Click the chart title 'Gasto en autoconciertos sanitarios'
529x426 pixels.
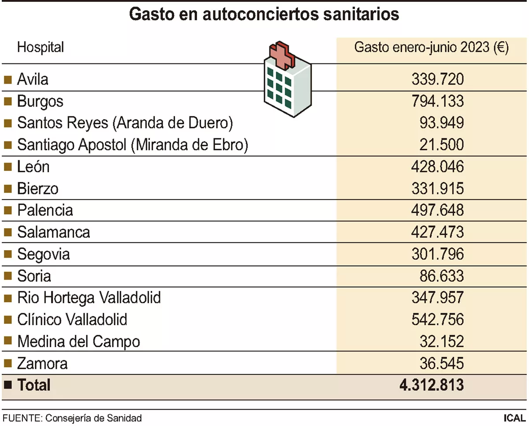click(264, 14)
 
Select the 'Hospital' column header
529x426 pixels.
click(40, 47)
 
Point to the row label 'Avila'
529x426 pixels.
click(33, 79)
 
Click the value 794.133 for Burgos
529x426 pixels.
click(437, 101)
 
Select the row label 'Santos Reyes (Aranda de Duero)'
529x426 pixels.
click(125, 123)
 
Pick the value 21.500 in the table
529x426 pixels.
click(442, 145)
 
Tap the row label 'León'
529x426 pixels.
click(34, 167)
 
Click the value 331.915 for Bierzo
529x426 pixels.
click(437, 189)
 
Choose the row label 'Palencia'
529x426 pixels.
click(45, 210)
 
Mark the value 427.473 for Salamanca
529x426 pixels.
click(437, 232)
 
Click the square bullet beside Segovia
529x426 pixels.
click(7, 254)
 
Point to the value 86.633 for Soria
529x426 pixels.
click(442, 276)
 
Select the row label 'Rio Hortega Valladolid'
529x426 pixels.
click(89, 298)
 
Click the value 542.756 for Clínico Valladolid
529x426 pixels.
click(437, 320)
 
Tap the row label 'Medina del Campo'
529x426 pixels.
click(78, 341)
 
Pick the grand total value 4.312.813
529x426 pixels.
click(431, 385)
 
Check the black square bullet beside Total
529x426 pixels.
click(7, 385)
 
